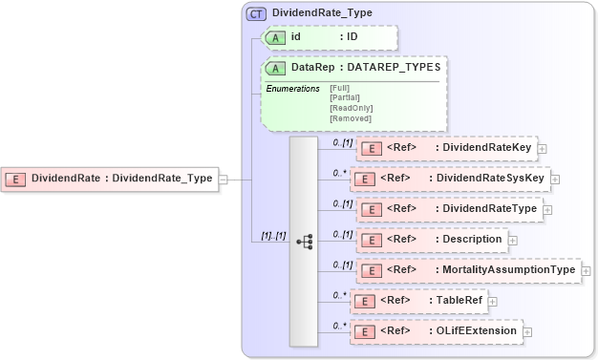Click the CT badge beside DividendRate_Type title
pyautogui.click(x=256, y=13)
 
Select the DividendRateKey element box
pyautogui.click(x=446, y=148)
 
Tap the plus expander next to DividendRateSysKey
pyautogui.click(x=555, y=179)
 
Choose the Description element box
pyautogui.click(x=432, y=239)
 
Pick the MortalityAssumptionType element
pyautogui.click(x=467, y=270)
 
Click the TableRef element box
pyautogui.click(x=419, y=301)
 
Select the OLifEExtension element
pyautogui.click(x=436, y=331)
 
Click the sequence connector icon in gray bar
pyautogui.click(x=304, y=242)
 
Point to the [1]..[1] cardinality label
pyautogui.click(x=273, y=236)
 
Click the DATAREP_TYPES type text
pyautogui.click(x=393, y=68)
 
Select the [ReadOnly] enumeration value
pyautogui.click(x=351, y=108)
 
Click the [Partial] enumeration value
pyautogui.click(x=345, y=97)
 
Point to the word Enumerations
pyautogui.click(x=292, y=88)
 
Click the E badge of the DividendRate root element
pyautogui.click(x=16, y=178)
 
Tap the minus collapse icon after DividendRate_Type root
pyautogui.click(x=223, y=178)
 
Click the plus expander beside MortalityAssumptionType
pyautogui.click(x=586, y=271)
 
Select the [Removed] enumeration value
pyautogui.click(x=350, y=118)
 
